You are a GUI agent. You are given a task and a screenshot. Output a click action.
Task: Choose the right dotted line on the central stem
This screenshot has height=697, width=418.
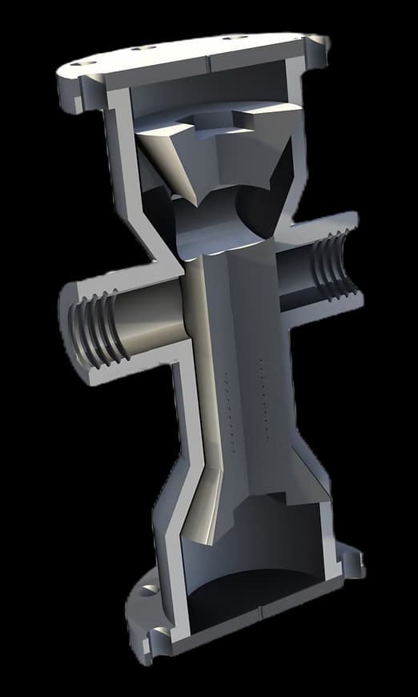[x=263, y=401]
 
